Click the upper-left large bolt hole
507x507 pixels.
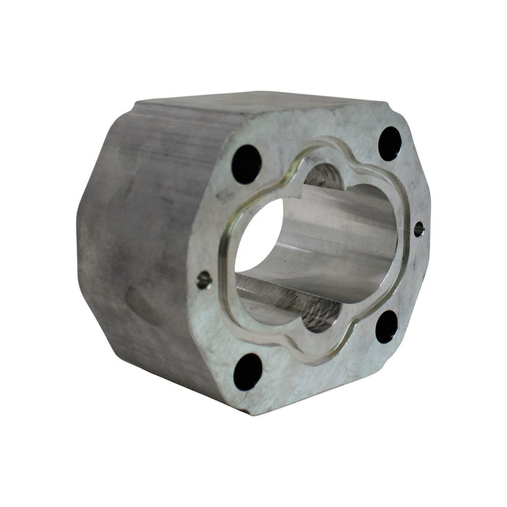click(x=246, y=164)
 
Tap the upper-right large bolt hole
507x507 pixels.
click(x=390, y=143)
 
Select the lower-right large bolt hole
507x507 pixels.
click(x=387, y=327)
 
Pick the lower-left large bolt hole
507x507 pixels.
click(x=248, y=372)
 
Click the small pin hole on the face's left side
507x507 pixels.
click(x=204, y=278)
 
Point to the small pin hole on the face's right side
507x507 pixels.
click(x=419, y=229)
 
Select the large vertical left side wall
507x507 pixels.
click(x=138, y=239)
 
